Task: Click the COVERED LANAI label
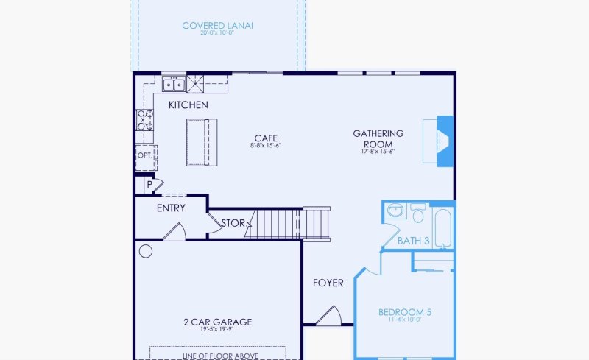pos(219,27)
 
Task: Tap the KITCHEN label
pos(188,105)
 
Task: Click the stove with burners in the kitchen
pos(144,120)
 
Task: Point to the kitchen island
pos(197,142)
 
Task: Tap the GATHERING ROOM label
pos(378,138)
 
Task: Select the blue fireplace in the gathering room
pos(444,141)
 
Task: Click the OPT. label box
pos(145,156)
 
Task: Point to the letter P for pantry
pos(149,185)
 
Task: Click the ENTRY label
pos(171,208)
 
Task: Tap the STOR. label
pos(234,222)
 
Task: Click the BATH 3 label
pos(413,241)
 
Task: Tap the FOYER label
pos(328,283)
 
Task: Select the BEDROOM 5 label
pos(404,312)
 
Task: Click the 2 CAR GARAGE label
pos(217,322)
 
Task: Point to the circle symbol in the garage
pos(146,252)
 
